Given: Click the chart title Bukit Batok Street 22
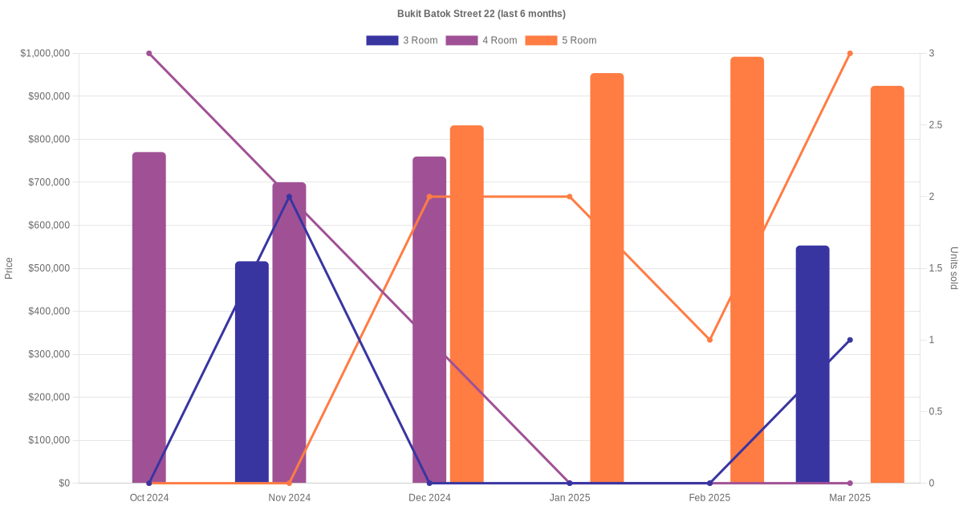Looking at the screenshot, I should (x=481, y=14).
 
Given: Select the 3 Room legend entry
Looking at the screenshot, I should (x=401, y=40).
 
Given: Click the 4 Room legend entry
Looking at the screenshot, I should (x=481, y=40).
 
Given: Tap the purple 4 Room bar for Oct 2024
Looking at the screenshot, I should (x=149, y=317).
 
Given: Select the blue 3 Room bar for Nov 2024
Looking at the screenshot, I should (x=252, y=372).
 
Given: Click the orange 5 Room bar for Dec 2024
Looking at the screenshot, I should (x=466, y=304).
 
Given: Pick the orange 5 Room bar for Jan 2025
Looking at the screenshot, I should (x=607, y=278).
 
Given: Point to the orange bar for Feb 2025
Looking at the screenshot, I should (x=747, y=270).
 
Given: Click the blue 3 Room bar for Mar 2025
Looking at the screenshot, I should (x=812, y=364).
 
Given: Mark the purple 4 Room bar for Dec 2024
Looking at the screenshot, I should (x=429, y=320).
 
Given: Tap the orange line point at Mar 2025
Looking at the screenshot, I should (x=850, y=54).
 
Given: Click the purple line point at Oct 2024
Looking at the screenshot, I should (x=149, y=54).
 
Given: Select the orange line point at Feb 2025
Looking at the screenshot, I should (x=709, y=340).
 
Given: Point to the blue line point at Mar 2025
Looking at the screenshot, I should (x=850, y=340).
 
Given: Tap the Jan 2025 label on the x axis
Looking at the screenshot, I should (x=570, y=498).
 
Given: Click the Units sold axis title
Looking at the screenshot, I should (x=954, y=268).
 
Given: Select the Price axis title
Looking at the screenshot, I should (x=9, y=268).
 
